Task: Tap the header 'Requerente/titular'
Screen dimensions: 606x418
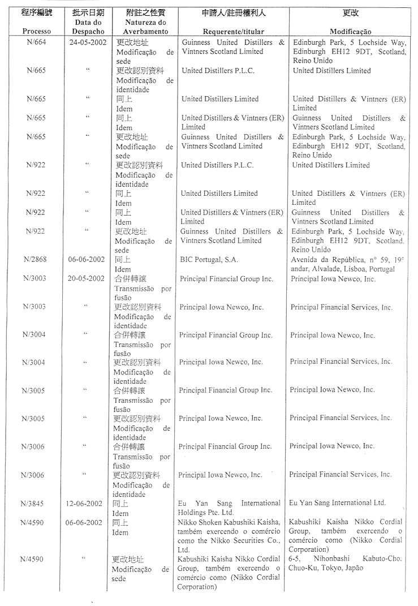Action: coord(233,32)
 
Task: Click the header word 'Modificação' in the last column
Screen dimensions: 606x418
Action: coord(350,32)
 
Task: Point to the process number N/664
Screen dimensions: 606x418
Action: coord(36,42)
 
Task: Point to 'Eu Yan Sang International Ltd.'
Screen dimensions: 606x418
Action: coord(337,502)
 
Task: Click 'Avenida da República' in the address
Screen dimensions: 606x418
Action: coord(324,260)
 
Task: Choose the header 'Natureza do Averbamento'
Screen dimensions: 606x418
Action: coord(144,27)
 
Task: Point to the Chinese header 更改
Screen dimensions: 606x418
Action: coord(351,12)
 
